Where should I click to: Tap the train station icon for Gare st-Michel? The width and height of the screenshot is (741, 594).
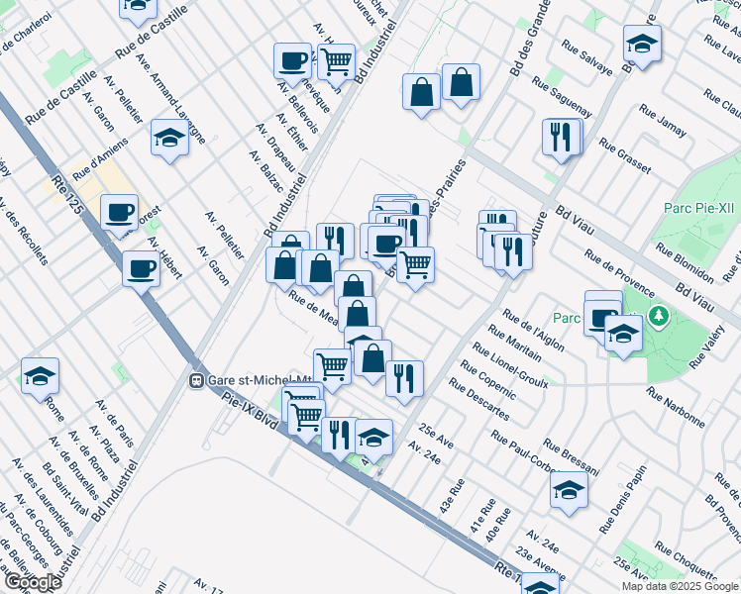(197, 380)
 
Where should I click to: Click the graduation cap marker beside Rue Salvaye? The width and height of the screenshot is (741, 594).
(642, 44)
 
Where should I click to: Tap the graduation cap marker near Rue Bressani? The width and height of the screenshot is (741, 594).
(569, 490)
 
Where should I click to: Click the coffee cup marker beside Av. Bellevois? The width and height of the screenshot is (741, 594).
(293, 60)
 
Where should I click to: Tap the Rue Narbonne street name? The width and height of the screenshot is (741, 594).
(676, 406)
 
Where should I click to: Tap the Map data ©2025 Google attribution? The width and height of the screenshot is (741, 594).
(679, 586)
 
